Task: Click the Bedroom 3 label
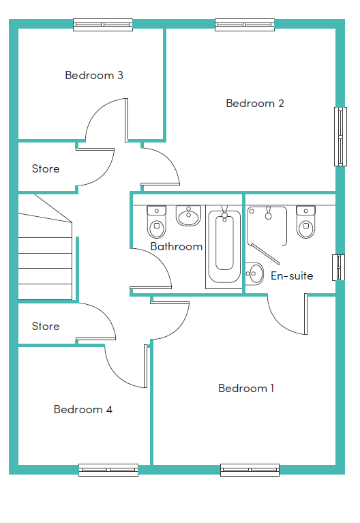tap(94, 76)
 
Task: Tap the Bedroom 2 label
tap(255, 104)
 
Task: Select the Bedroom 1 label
tap(246, 388)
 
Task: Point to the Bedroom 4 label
tap(83, 409)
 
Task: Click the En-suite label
tap(292, 276)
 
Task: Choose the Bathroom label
tap(177, 246)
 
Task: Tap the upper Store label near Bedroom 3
tap(46, 169)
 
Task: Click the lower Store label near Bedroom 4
tap(46, 326)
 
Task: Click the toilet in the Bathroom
tap(157, 222)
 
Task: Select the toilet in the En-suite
tap(305, 222)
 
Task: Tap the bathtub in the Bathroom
tap(224, 247)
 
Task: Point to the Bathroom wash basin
tap(188, 215)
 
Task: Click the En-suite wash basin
tap(254, 273)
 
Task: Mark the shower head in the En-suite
tap(268, 213)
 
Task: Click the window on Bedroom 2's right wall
tap(340, 137)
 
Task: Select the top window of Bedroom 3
tap(103, 25)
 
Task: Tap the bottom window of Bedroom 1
tap(250, 470)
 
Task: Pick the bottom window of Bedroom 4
tap(108, 470)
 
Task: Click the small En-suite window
tap(338, 267)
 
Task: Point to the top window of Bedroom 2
tap(245, 25)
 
